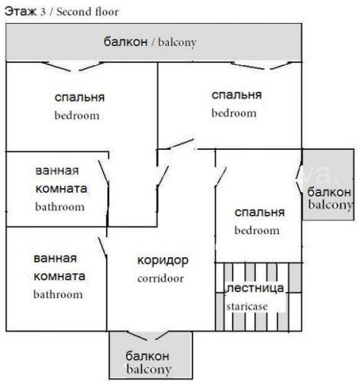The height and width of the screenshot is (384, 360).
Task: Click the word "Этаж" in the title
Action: pos(21,12)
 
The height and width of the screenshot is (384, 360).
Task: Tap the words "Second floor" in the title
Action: pos(88,12)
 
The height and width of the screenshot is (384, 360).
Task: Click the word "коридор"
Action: pos(163,261)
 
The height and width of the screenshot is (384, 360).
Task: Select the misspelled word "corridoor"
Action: pos(160,279)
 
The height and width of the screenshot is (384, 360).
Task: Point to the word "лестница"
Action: pos(255,288)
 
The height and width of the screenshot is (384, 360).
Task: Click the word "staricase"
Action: pos(247,306)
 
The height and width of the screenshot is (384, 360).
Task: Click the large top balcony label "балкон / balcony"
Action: pos(150,42)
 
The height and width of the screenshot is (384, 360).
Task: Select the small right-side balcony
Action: pos(329,184)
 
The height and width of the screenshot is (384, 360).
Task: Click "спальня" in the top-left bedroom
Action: pos(80,98)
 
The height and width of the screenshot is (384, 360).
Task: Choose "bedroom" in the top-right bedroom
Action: pos(234,113)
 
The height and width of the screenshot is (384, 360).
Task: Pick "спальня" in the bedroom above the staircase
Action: pos(259,213)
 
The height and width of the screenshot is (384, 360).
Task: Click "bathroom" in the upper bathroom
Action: pos(60,207)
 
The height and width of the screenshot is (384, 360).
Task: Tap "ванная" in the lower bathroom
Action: pos(55,259)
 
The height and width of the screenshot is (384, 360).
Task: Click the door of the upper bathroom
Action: pos(104,171)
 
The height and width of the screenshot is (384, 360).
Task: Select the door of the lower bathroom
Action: pos(102,247)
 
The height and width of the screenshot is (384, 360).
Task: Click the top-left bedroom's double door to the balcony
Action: pos(74,66)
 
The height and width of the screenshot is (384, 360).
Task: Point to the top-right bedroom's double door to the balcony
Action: pos(262,66)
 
